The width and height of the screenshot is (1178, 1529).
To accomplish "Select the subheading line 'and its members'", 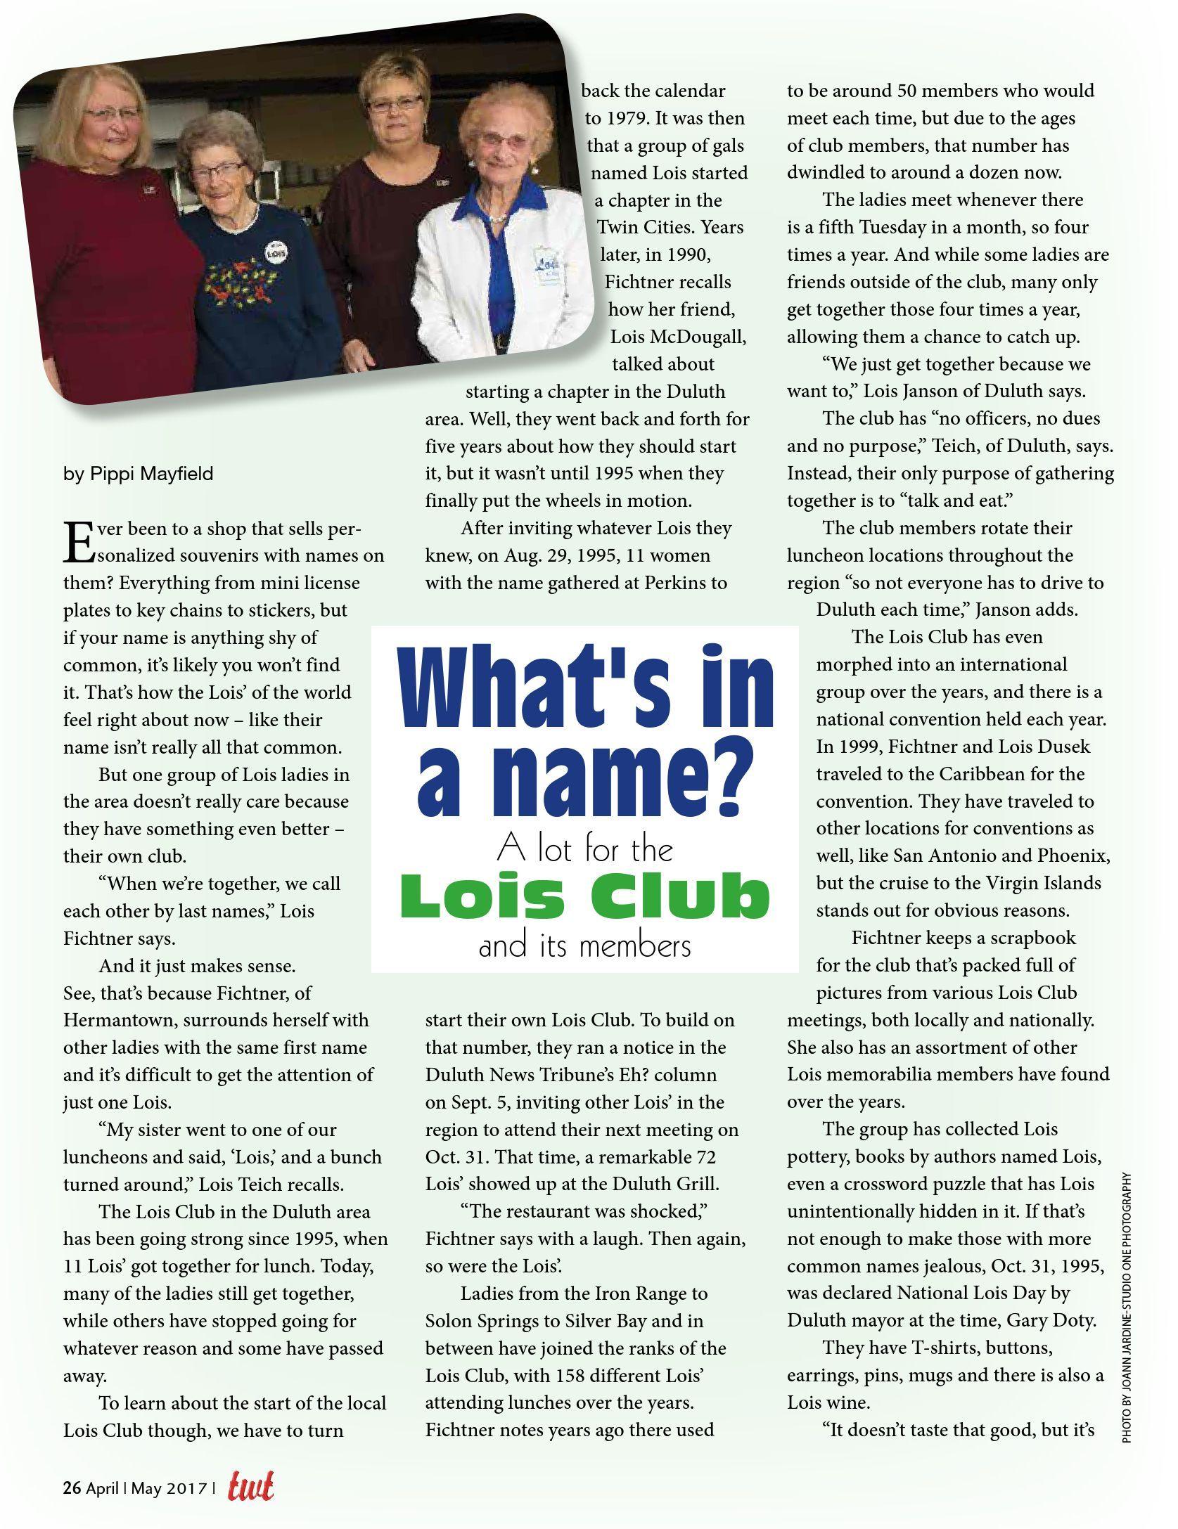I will pyautogui.click(x=584, y=946).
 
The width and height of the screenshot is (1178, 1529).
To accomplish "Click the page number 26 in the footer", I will pyautogui.click(x=71, y=1488).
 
